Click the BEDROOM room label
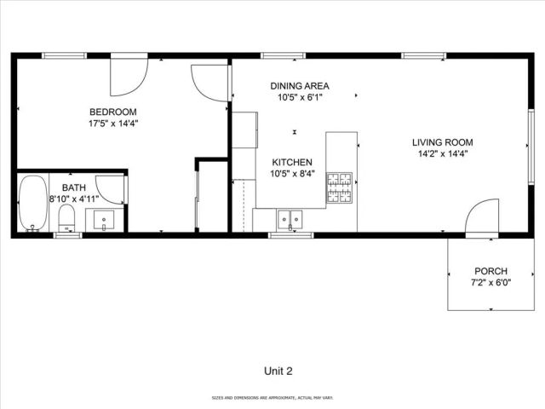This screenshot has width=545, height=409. [x=113, y=112]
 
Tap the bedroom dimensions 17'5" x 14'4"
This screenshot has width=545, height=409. [x=113, y=124]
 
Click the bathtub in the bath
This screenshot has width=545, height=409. [x=33, y=203]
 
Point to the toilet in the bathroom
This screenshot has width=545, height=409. [x=67, y=216]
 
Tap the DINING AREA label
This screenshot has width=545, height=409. [x=300, y=86]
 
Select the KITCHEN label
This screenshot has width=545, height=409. [x=292, y=162]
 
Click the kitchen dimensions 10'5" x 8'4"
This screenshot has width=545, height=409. [x=292, y=174]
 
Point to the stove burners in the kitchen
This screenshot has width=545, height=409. [x=341, y=188]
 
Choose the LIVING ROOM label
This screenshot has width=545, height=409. [x=443, y=142]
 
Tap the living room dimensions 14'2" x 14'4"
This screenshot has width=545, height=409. [x=443, y=154]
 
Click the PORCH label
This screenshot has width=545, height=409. [x=490, y=270]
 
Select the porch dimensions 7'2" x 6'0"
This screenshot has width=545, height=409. [x=490, y=282]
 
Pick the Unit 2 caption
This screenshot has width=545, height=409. [x=278, y=371]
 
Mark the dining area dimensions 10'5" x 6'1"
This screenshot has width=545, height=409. [x=300, y=98]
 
